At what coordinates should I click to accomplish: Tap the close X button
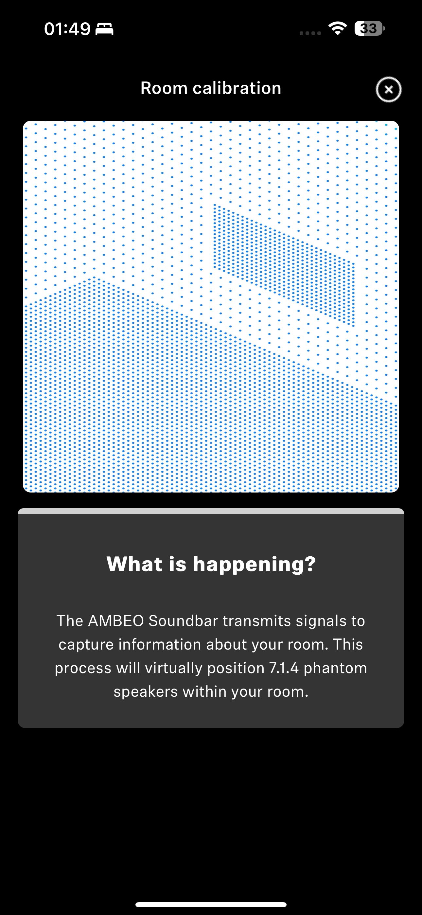[389, 90]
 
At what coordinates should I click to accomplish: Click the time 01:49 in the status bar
[67, 29]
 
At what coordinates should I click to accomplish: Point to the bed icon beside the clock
[104, 29]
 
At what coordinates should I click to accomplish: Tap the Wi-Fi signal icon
[338, 28]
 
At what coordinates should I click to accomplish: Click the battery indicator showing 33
[369, 28]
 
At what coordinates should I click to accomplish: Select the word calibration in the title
[237, 88]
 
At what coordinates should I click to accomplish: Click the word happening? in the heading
[254, 565]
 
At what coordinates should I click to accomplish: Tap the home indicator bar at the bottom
[211, 904]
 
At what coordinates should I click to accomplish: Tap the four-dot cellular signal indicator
[310, 33]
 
